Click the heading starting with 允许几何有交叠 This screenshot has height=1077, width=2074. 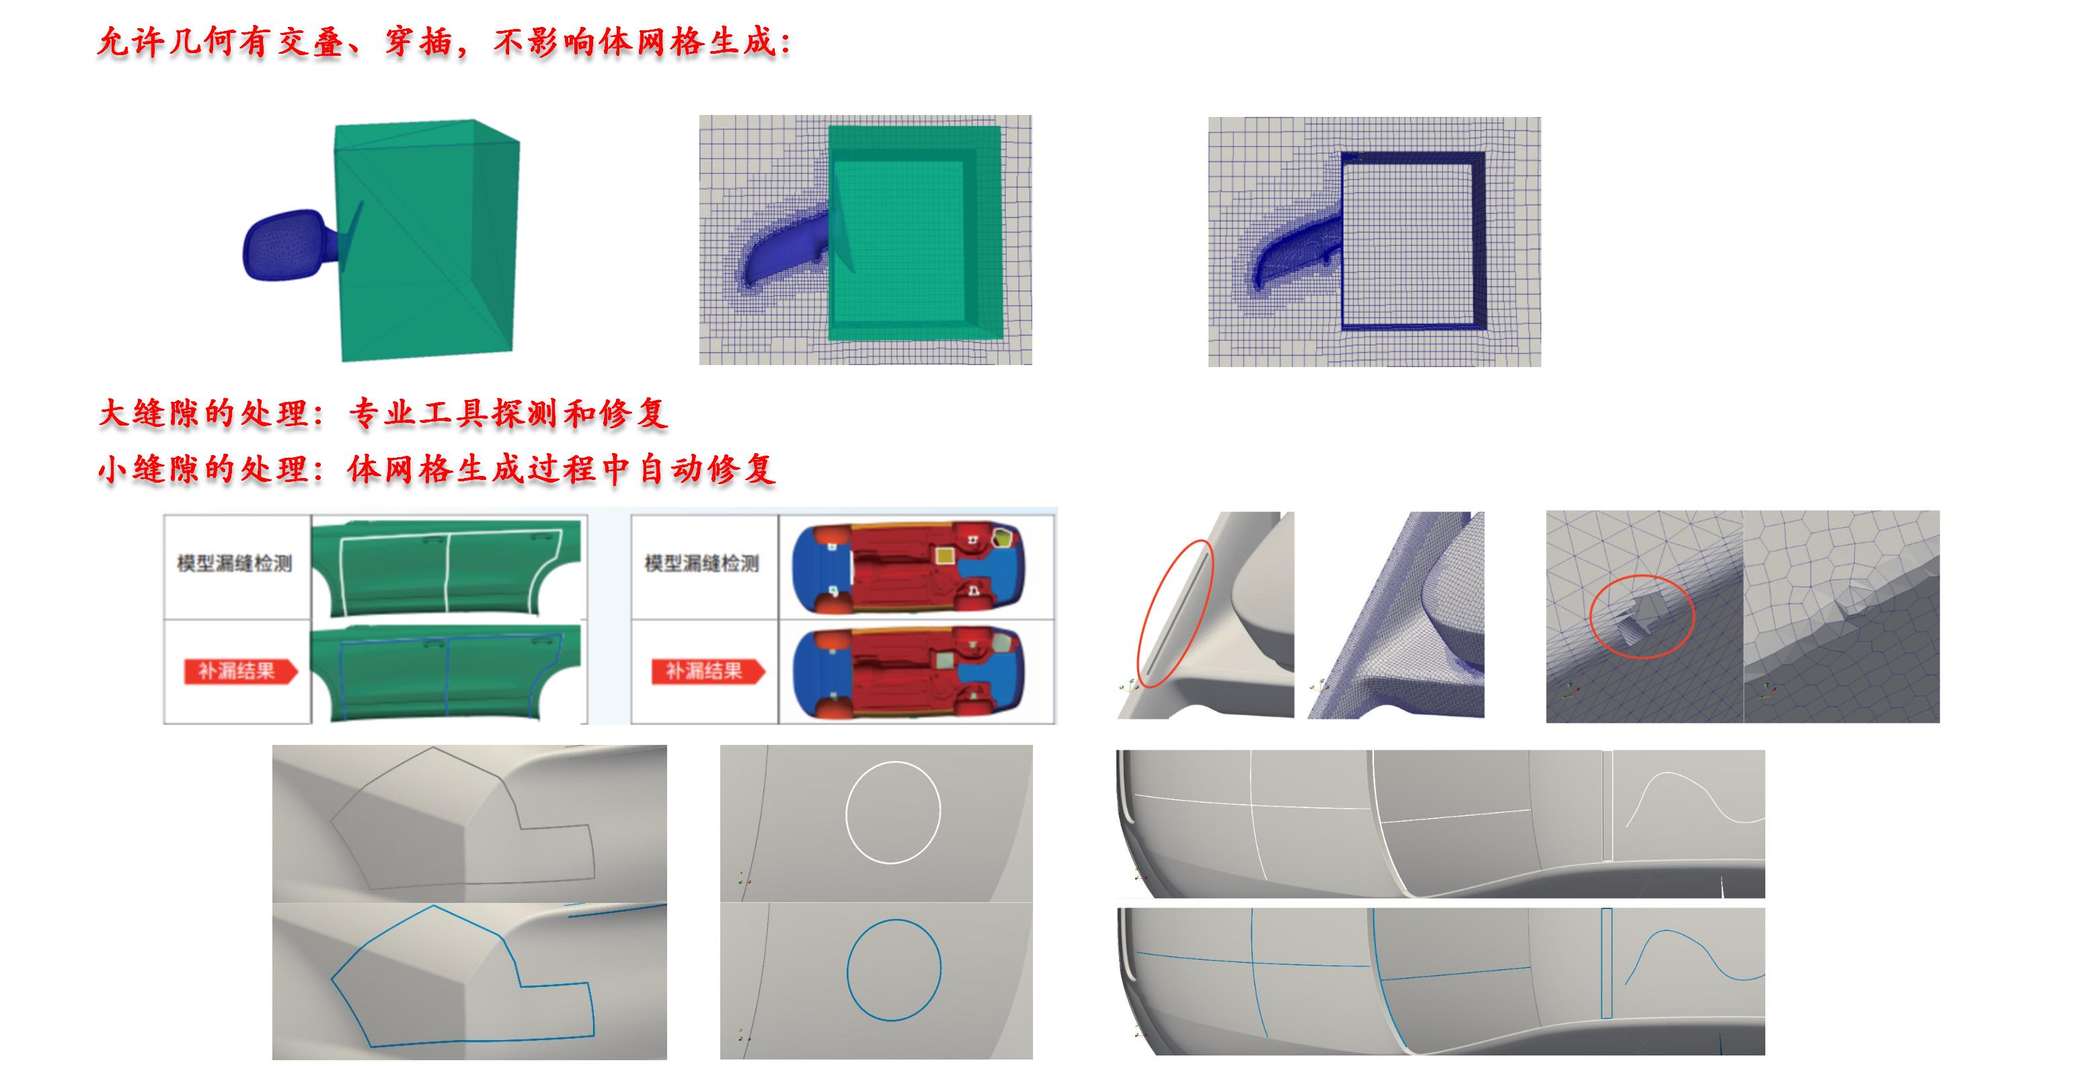[445, 42]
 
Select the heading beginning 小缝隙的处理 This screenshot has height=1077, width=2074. [437, 469]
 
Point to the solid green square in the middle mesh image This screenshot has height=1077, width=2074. [899, 241]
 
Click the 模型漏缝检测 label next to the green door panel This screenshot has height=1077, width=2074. [234, 563]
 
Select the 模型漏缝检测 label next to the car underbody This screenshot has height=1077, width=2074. [701, 563]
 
